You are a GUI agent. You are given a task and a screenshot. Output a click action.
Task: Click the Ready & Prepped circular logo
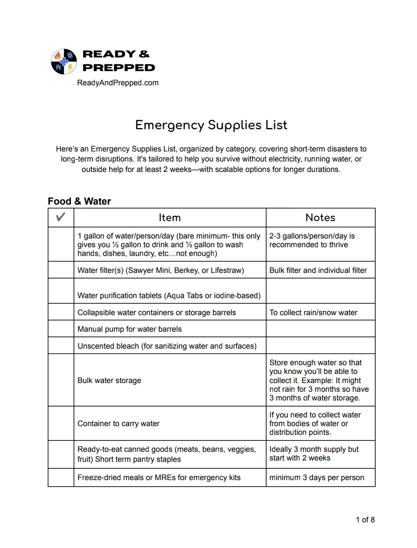click(64, 61)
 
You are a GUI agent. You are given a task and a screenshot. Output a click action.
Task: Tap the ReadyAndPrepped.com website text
click(117, 83)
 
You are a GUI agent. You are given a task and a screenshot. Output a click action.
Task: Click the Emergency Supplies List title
click(211, 125)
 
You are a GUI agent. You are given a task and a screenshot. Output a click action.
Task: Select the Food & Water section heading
click(79, 201)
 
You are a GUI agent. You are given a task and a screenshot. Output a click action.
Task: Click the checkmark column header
click(61, 217)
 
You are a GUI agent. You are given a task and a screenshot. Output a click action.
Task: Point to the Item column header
click(170, 218)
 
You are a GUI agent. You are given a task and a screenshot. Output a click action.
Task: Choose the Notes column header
click(320, 218)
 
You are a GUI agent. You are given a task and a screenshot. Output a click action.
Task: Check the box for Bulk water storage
click(61, 380)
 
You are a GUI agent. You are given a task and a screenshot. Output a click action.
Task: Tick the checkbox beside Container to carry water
click(61, 423)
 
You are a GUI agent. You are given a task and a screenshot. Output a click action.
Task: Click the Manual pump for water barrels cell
click(130, 329)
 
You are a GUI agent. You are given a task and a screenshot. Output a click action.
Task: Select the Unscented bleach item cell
click(167, 346)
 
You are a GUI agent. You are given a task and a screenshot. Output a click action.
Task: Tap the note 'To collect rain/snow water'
click(313, 313)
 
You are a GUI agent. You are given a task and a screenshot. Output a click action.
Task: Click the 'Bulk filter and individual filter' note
click(318, 270)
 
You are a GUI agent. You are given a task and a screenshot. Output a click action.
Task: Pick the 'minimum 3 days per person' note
click(317, 477)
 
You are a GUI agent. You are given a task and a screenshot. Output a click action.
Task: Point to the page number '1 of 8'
click(365, 520)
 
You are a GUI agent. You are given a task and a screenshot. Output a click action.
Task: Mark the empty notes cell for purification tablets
click(320, 291)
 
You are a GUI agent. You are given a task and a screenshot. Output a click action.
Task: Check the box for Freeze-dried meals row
click(61, 477)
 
